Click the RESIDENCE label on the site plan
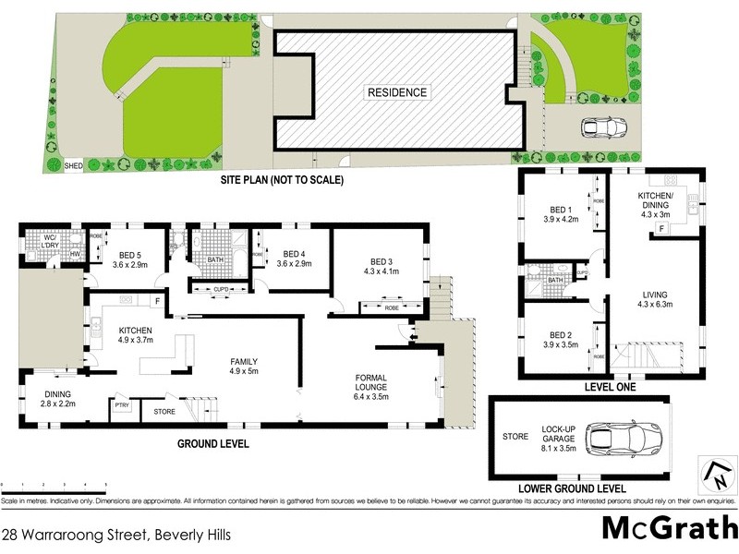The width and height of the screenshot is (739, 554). pos(398,92)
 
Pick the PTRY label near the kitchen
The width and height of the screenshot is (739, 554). pos(121,404)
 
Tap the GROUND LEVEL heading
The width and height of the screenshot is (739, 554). pos(213,444)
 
